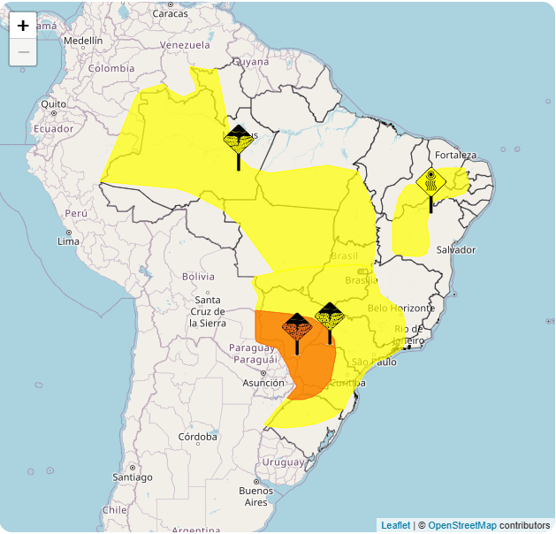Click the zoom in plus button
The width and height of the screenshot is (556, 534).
pyautogui.click(x=23, y=26)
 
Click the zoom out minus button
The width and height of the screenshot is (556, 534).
pyautogui.click(x=23, y=52)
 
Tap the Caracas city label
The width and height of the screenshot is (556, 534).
pyautogui.click(x=170, y=13)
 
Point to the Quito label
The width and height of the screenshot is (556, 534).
pyautogui.click(x=53, y=103)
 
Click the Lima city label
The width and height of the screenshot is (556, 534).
pyautogui.click(x=68, y=241)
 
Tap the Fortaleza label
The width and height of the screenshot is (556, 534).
pyautogui.click(x=455, y=156)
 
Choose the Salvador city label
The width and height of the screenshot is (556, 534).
pyautogui.click(x=456, y=250)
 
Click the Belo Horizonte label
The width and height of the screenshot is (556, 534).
pyautogui.click(x=400, y=308)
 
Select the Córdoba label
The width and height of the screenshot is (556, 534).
pyautogui.click(x=197, y=437)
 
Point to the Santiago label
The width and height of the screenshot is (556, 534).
pyautogui.click(x=133, y=477)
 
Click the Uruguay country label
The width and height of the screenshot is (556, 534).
pyautogui.click(x=282, y=462)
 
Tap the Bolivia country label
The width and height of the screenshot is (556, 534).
pyautogui.click(x=198, y=277)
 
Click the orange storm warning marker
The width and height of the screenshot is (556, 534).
pyautogui.click(x=297, y=327)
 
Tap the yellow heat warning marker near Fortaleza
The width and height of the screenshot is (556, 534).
pyautogui.click(x=430, y=182)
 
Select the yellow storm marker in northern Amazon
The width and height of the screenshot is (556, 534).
pyautogui.click(x=239, y=141)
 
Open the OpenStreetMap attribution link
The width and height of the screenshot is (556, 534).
pyautogui.click(x=462, y=525)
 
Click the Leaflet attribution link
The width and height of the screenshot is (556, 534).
pyautogui.click(x=395, y=525)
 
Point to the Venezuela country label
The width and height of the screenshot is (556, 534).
pyautogui.click(x=185, y=45)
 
